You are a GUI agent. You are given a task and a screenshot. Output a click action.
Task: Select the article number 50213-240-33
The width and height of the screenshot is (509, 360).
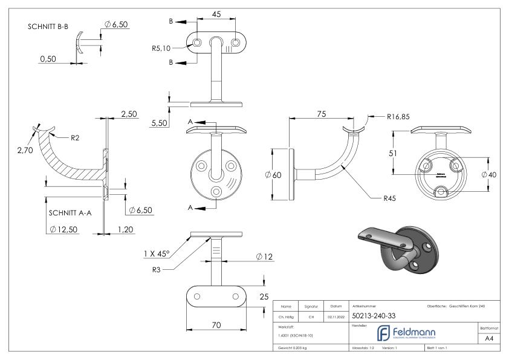[x=374, y=315]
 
